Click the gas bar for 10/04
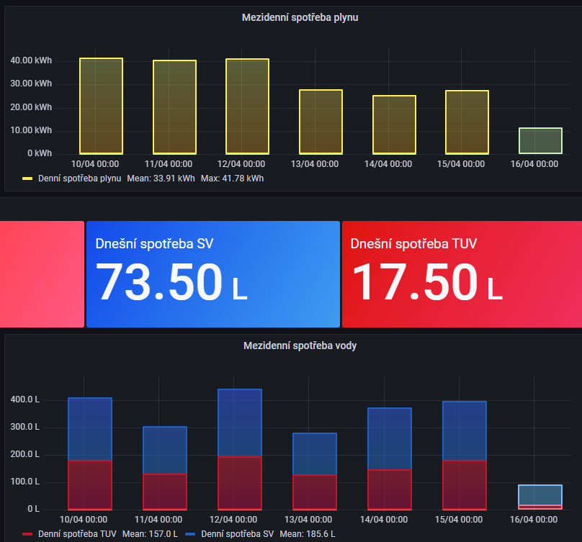point(101,106)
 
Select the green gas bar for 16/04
point(540,140)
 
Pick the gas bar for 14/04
point(394,125)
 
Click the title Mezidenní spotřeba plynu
point(300,17)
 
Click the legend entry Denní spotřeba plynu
point(79,178)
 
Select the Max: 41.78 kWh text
point(232,178)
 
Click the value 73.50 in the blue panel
point(160,282)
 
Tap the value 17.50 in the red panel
point(414,282)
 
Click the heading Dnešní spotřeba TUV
point(413,244)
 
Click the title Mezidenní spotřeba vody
point(300,345)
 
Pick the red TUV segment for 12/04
point(240,483)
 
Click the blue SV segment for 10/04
point(89,429)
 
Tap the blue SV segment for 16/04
point(540,495)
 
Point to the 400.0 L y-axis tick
point(24,399)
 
